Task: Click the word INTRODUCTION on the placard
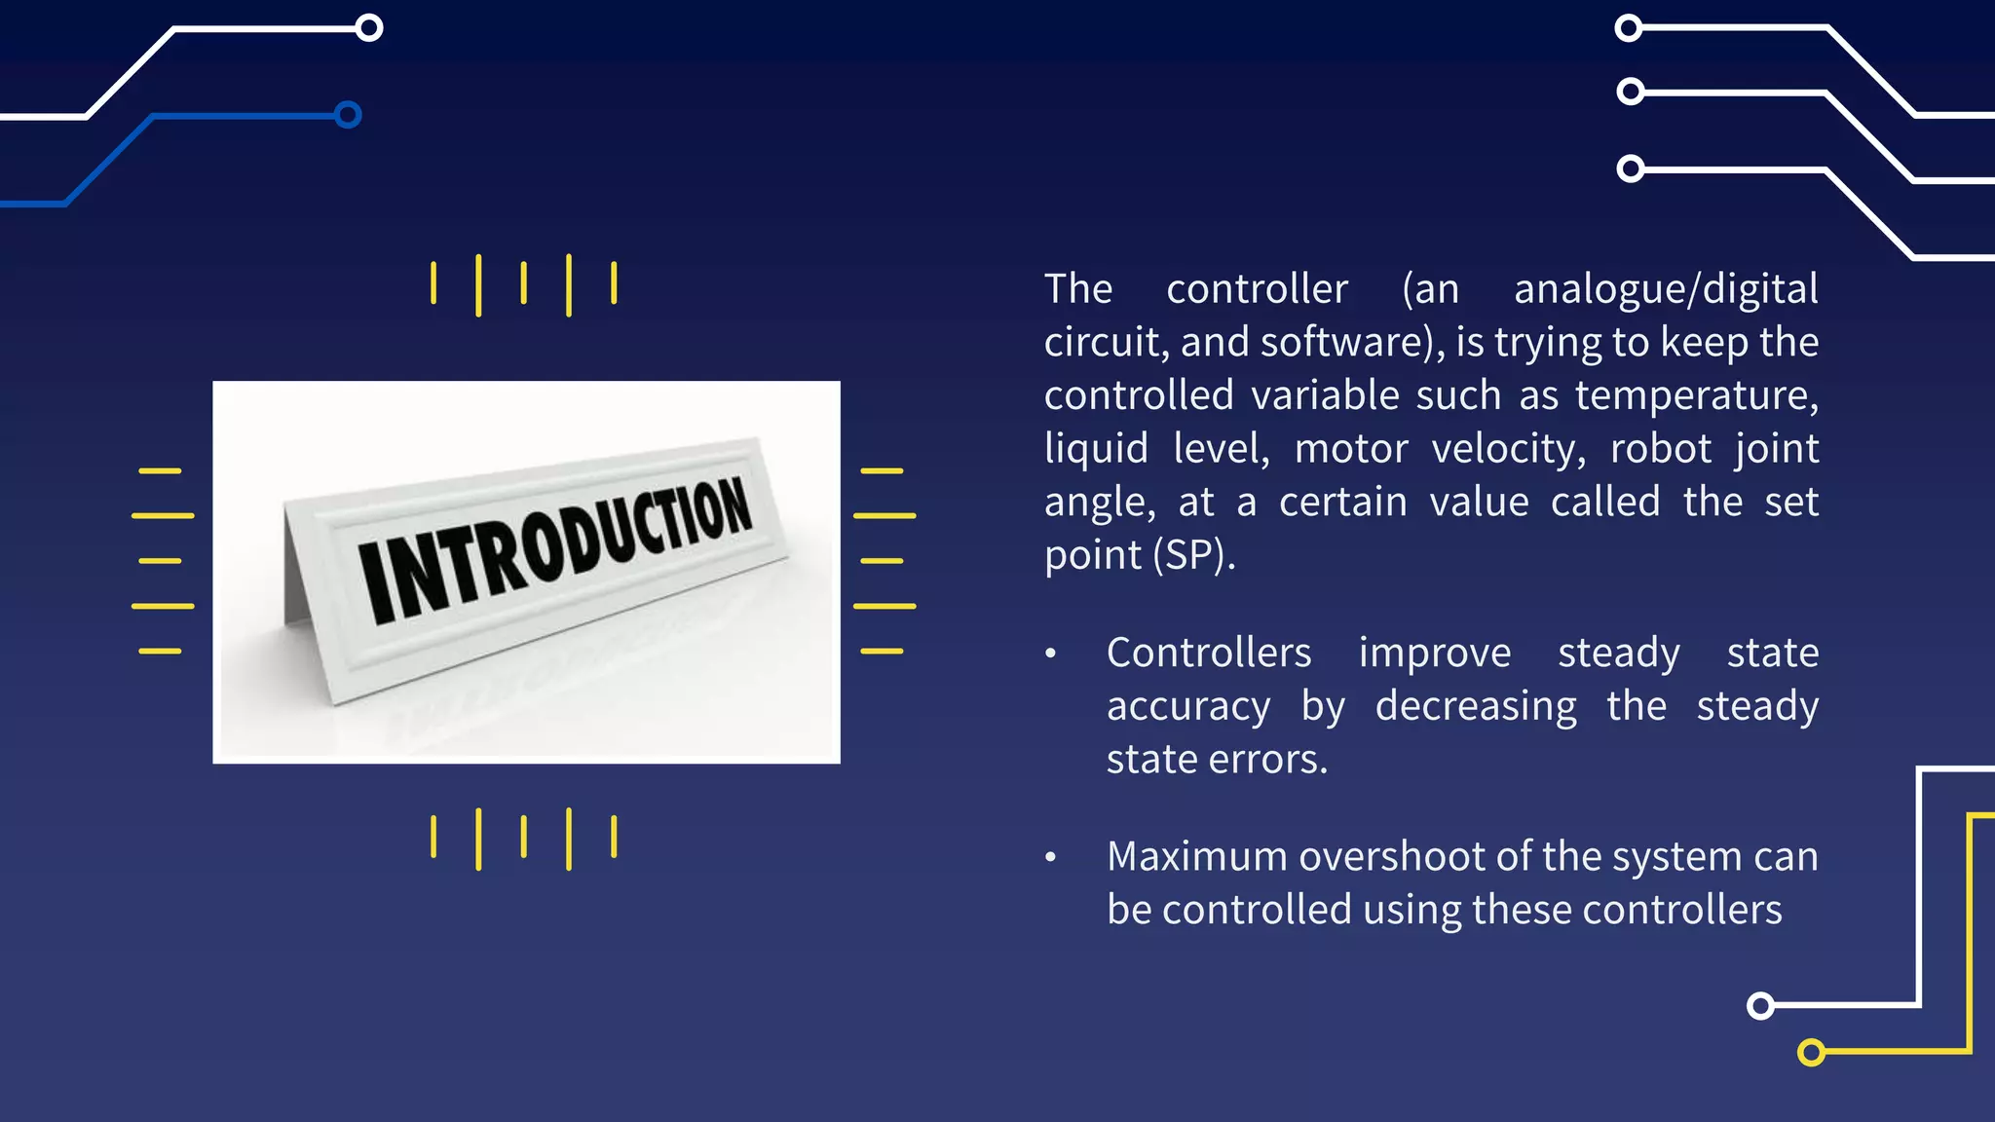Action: (555, 550)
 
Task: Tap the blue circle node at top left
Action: (348, 115)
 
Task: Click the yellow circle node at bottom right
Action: (1811, 1052)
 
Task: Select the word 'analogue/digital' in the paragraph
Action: (1665, 289)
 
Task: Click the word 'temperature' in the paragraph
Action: (1694, 395)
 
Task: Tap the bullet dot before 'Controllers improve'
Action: (1050, 654)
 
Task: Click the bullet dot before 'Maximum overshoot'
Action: (1050, 857)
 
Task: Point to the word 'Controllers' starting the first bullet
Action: (1208, 653)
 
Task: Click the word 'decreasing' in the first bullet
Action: (1475, 706)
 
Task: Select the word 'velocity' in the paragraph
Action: (1507, 449)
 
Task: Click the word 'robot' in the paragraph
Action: (1660, 449)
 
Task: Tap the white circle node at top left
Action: (369, 27)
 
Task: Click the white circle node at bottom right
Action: (1760, 1005)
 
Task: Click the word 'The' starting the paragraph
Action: (1077, 289)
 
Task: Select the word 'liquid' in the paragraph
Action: (1096, 449)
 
